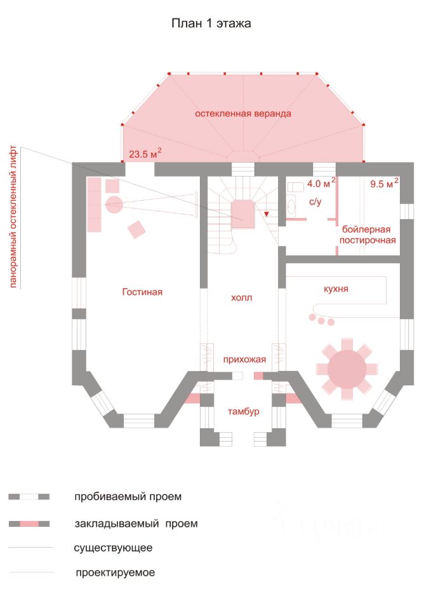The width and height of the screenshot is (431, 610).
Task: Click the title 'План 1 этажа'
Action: coord(211,24)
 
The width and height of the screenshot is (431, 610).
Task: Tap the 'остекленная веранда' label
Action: coord(243,114)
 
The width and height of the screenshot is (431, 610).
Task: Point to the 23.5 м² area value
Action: coord(145,153)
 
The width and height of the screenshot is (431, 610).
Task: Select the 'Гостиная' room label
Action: coord(142,292)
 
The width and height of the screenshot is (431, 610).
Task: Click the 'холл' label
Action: coord(241,297)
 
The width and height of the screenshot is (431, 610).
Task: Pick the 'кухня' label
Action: coord(336,289)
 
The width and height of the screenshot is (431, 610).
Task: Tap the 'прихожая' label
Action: coord(244,360)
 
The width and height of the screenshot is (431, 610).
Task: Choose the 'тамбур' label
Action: coord(243,411)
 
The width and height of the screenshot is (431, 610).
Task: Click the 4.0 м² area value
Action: coord(321,182)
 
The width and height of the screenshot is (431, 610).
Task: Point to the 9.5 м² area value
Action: coord(384,183)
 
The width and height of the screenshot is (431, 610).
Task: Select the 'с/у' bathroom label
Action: coord(315,201)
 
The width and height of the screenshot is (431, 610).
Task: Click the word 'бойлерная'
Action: coord(366,229)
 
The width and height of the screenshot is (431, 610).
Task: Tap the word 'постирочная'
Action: coord(368,240)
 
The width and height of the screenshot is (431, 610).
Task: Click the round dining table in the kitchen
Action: coord(347,369)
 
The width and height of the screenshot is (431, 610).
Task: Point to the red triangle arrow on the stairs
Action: coord(267,214)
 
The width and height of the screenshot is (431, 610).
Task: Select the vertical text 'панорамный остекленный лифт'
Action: coord(13,217)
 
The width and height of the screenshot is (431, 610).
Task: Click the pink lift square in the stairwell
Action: coord(243,214)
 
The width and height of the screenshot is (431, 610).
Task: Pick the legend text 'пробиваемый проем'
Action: coord(128,497)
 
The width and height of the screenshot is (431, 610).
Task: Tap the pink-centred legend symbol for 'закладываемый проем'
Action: coord(29,524)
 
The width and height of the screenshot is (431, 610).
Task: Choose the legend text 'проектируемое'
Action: coord(116,573)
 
